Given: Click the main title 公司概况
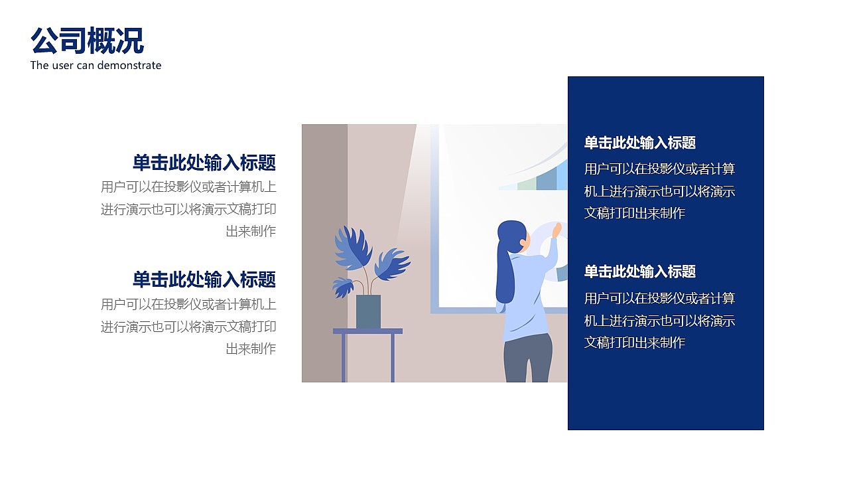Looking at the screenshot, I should [x=87, y=41].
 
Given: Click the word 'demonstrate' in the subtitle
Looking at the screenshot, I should [x=130, y=65].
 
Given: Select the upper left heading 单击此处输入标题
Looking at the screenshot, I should [x=204, y=163].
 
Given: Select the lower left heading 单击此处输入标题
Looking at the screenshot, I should [x=204, y=279].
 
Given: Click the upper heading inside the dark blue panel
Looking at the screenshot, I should [x=639, y=143].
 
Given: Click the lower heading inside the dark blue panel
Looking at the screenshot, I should [x=639, y=272].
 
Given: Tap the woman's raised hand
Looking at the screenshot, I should [x=556, y=230].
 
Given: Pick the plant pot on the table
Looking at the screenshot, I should [x=368, y=311].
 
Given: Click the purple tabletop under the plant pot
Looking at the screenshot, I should [x=367, y=331].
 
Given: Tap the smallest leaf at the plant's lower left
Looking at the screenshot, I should [x=342, y=287].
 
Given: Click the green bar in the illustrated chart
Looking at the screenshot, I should [x=526, y=183].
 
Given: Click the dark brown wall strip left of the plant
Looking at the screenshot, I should [x=324, y=252].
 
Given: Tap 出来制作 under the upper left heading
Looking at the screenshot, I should [x=251, y=232].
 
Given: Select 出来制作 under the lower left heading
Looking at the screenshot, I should [x=251, y=349].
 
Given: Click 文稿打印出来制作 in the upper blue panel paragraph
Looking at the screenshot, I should [x=634, y=213].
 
